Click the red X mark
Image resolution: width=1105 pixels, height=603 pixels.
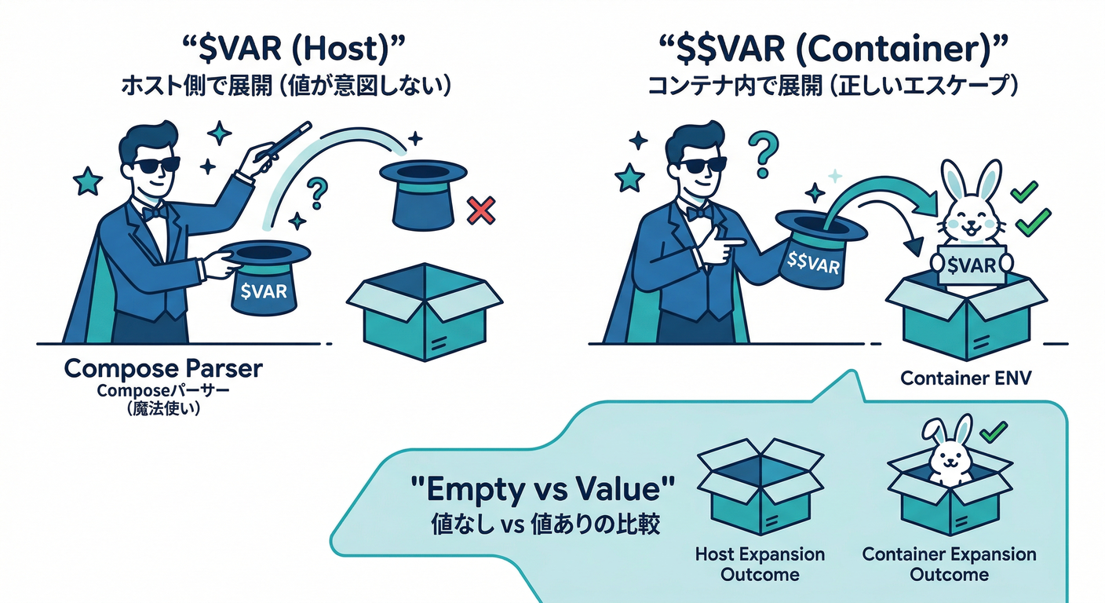coord(480,210)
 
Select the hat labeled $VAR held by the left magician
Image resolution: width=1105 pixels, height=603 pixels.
coord(264,279)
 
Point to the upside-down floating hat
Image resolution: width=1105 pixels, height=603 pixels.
coord(422,192)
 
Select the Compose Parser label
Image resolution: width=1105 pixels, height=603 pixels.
coord(163,368)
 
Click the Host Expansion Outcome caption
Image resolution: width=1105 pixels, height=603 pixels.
coord(760,564)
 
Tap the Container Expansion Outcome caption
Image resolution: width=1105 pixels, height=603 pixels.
coord(949,564)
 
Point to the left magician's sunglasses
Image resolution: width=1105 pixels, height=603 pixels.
coord(155,166)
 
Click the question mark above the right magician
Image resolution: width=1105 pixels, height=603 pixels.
coord(759,152)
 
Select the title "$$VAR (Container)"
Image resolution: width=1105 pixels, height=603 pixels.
coord(832,51)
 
